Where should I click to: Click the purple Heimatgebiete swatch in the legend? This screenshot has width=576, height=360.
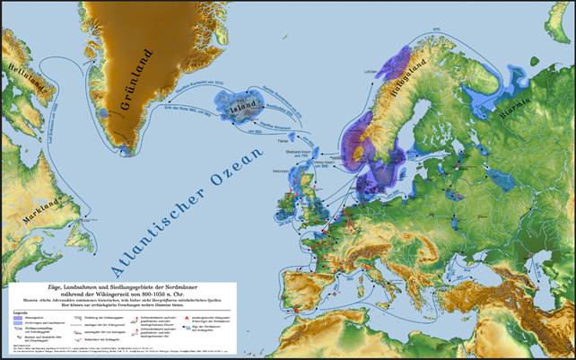[x=20, y=311]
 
